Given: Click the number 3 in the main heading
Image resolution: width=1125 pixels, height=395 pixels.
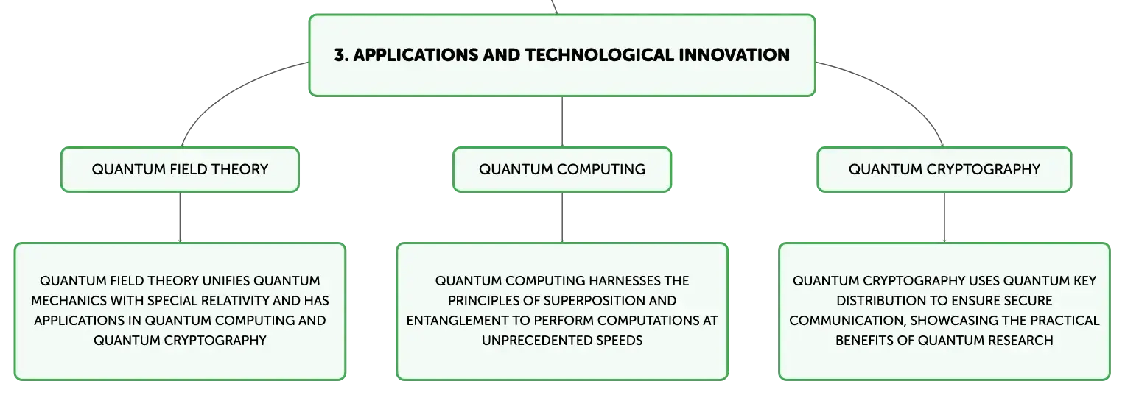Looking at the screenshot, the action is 340,55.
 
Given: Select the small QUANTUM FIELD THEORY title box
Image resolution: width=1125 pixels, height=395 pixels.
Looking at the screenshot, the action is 180,169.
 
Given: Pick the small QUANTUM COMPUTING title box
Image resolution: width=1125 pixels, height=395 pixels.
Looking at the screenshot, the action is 562,169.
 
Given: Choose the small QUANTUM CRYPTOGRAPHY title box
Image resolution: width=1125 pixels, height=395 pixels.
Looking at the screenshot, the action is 944,169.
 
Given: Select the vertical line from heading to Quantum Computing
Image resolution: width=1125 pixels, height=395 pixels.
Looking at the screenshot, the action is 562,121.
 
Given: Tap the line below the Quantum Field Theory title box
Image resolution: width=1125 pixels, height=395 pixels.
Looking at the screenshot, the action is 180,218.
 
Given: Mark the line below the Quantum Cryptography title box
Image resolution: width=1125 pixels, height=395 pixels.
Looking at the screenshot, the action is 944,218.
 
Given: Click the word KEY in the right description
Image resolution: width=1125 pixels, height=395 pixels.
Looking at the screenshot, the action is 1084,281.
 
